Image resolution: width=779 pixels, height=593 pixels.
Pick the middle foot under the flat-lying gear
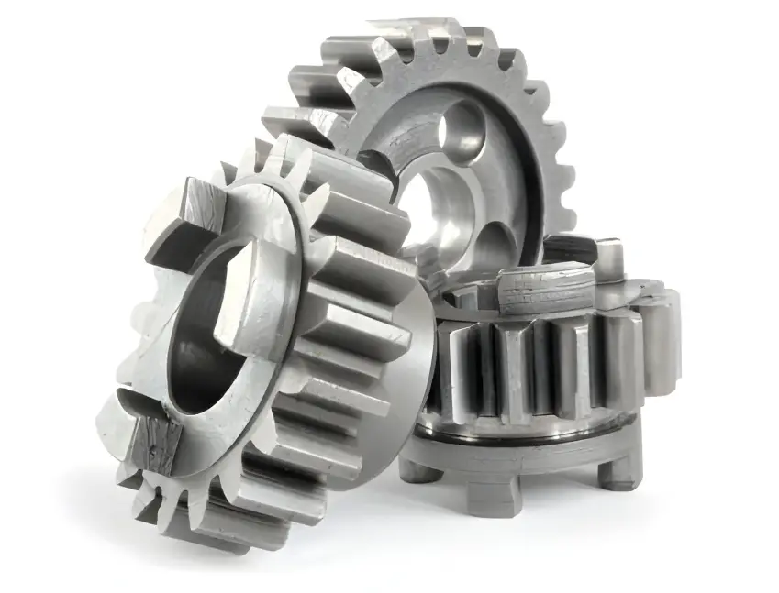[x=495, y=494]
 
